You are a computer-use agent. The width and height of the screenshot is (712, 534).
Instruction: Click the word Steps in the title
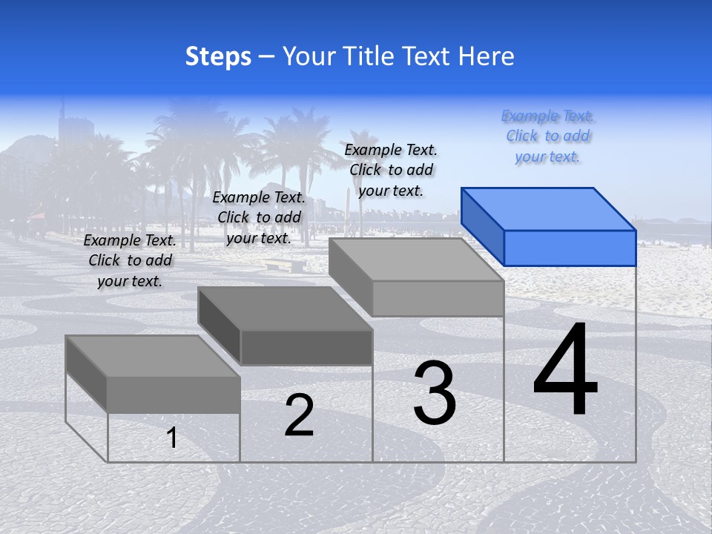218,56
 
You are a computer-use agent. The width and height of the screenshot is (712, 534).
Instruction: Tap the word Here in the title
486,56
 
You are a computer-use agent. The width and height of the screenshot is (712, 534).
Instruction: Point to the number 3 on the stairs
435,393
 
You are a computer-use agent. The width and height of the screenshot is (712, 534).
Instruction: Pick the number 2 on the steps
299,415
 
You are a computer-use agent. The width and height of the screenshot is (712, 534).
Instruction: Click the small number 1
172,438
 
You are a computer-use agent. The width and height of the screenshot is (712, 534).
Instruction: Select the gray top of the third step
416,259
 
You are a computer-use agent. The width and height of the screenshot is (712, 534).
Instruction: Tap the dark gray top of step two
285,308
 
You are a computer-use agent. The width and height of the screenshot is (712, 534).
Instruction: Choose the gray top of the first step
153,356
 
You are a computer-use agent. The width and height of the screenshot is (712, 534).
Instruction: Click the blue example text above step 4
547,136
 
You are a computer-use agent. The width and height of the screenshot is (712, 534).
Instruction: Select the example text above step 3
391,170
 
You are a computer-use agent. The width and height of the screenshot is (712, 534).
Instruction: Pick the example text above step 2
259,217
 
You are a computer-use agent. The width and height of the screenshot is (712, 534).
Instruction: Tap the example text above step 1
130,260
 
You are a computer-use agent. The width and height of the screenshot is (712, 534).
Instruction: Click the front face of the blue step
570,248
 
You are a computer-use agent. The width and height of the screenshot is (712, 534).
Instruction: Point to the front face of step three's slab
438,299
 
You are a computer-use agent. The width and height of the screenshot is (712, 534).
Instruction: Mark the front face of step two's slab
306,347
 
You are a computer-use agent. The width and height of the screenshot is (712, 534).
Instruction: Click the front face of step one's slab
174,395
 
